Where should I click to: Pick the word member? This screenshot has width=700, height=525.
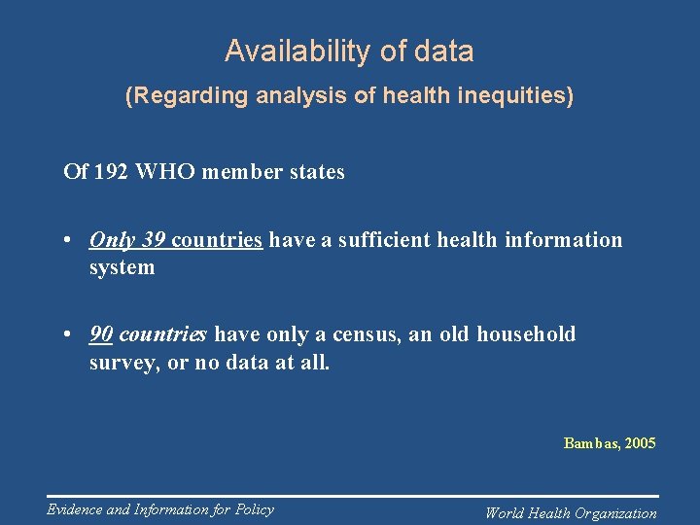tap(240, 172)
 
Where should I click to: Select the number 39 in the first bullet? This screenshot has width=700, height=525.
tap(154, 240)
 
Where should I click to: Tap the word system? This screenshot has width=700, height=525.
tap(122, 267)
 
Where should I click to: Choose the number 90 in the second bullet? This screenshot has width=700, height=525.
tap(101, 335)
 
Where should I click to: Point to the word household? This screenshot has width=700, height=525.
tap(526, 335)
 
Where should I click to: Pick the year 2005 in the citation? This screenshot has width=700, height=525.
tap(641, 443)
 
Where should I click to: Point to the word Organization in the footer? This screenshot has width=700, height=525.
tap(615, 513)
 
